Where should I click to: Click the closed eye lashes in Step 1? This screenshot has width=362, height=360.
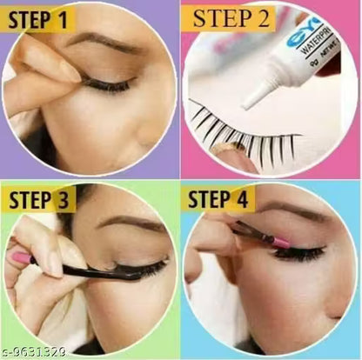[109, 85]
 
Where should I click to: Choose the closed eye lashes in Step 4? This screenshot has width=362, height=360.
[300, 255]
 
